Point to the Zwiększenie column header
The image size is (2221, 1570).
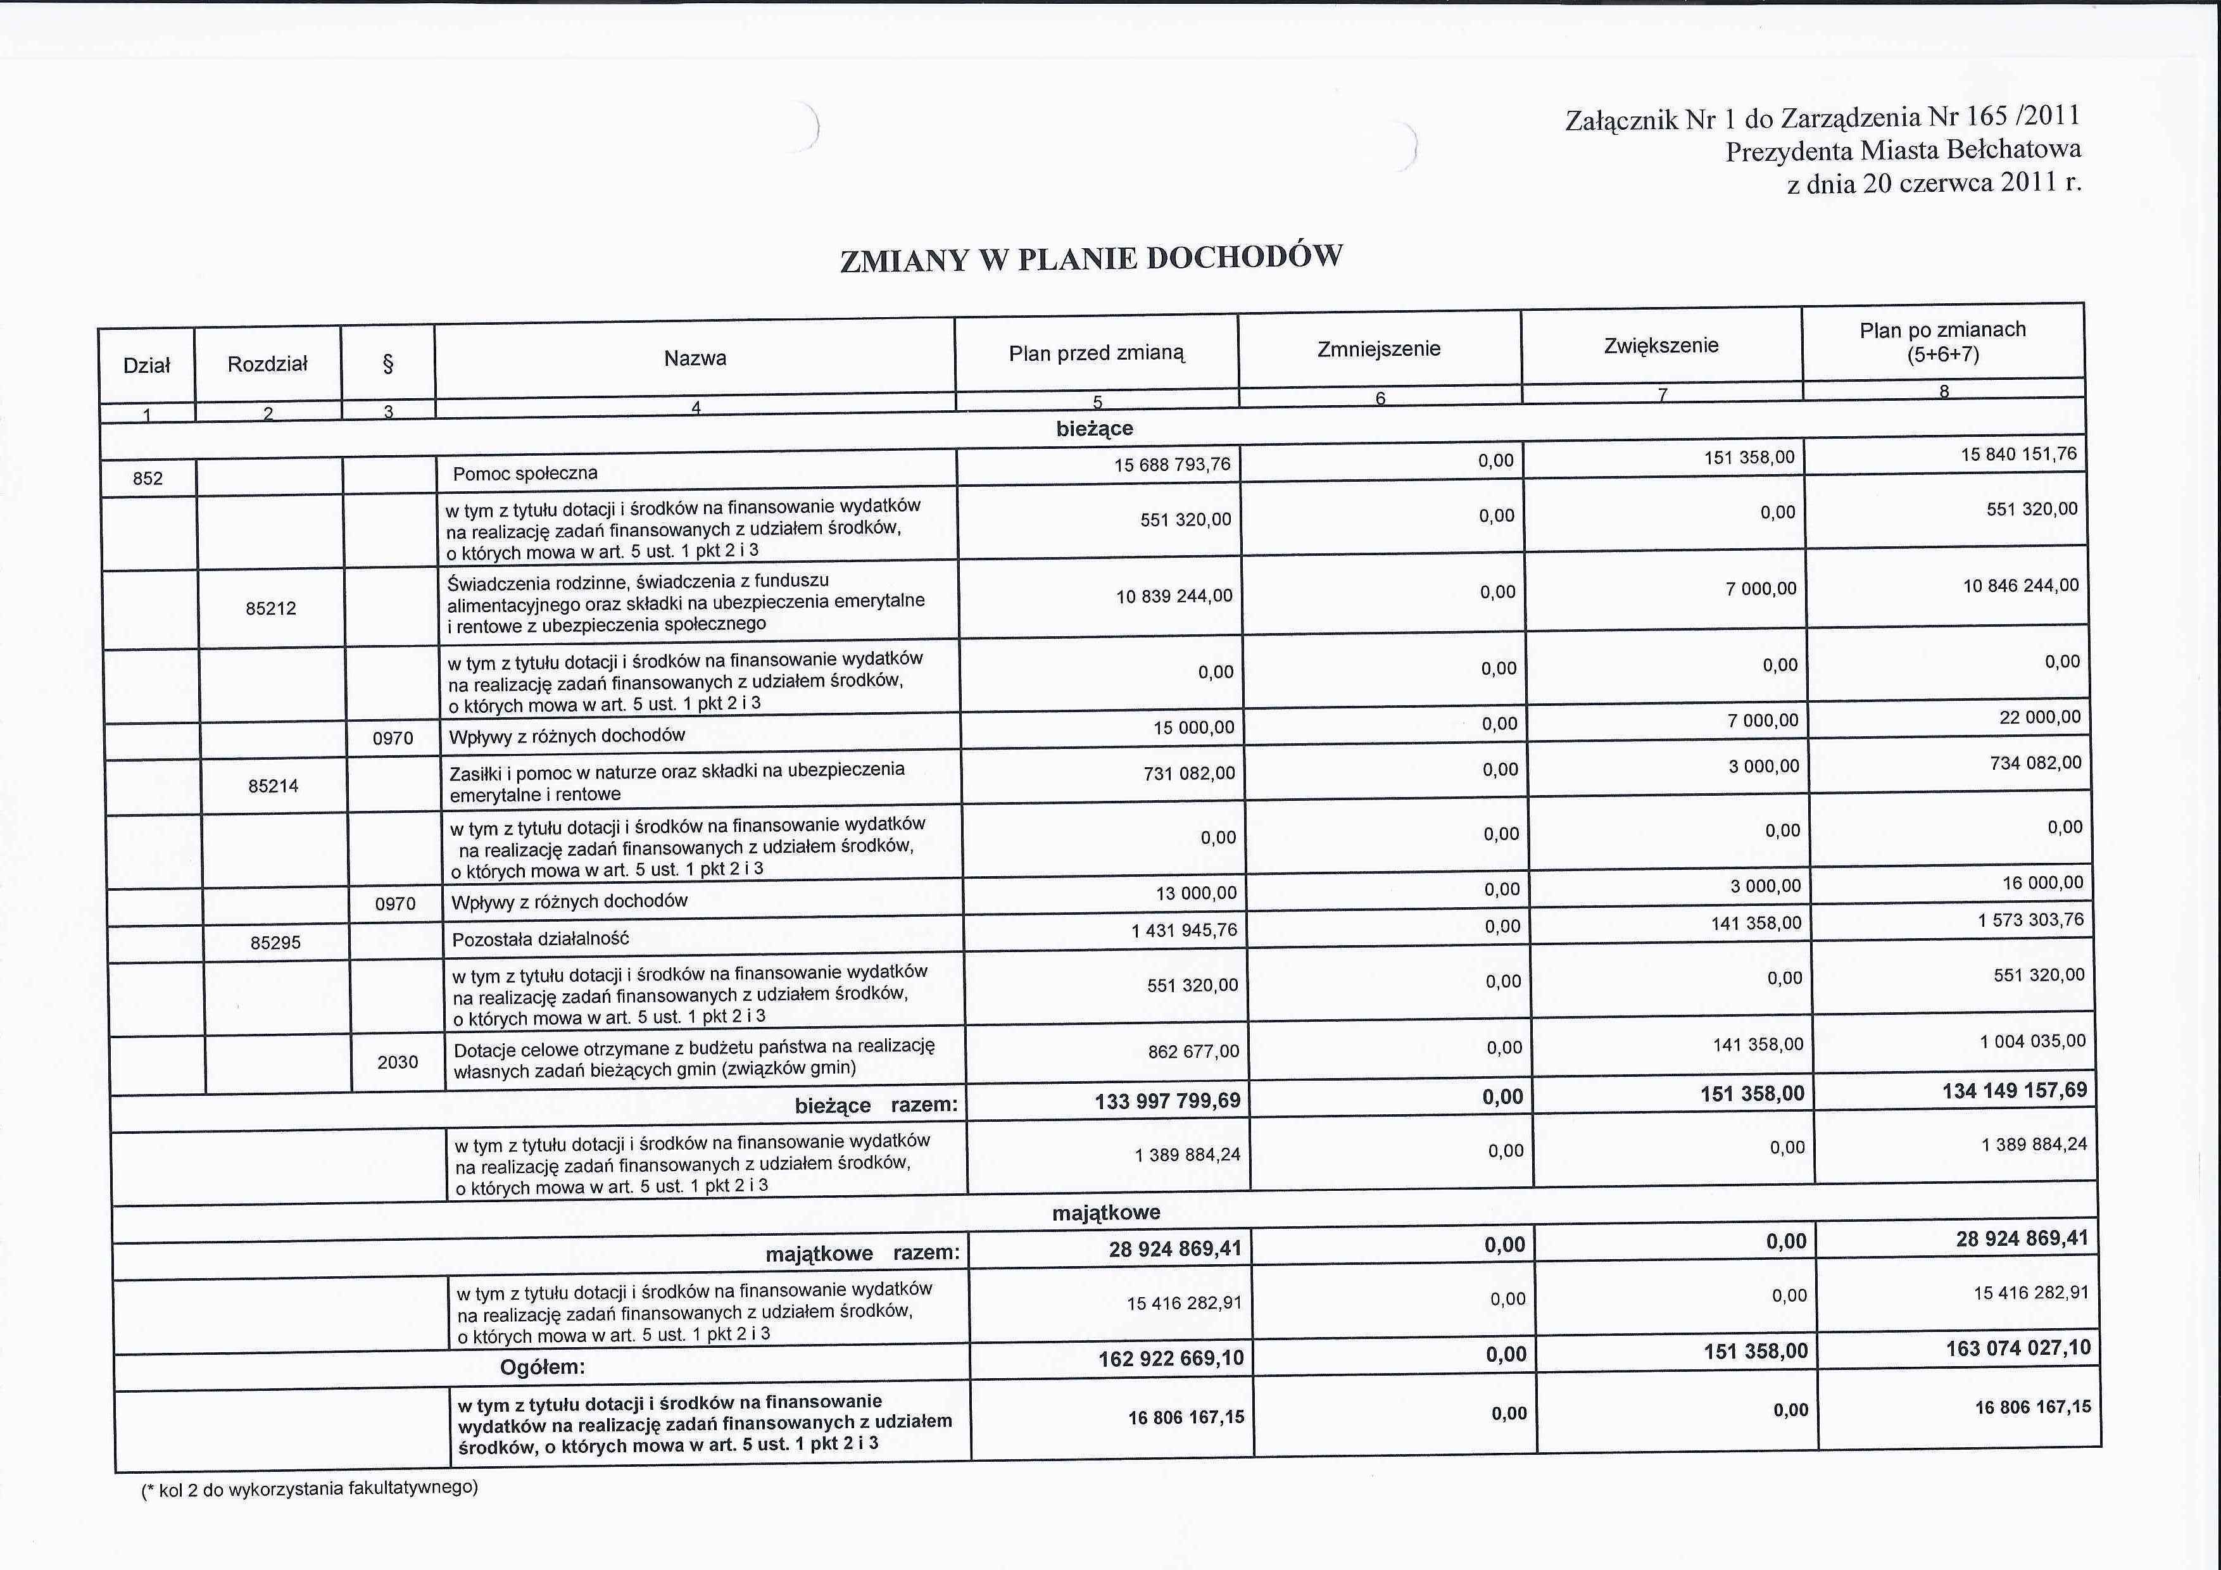tap(1661, 346)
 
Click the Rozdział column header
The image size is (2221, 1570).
tap(267, 364)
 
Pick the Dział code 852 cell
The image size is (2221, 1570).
tap(148, 478)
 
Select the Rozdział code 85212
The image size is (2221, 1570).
tap(271, 608)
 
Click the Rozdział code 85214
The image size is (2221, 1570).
tap(274, 786)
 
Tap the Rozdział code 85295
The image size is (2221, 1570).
tap(275, 942)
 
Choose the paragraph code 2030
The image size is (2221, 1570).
tap(398, 1062)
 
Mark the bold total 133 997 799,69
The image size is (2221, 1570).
tap(1167, 1101)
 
